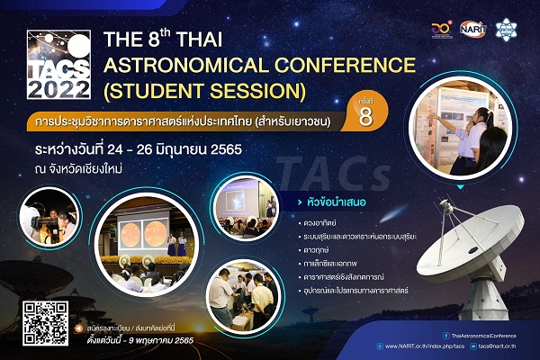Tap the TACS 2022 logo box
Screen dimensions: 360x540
tap(58, 65)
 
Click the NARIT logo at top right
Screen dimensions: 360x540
tap(472, 30)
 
